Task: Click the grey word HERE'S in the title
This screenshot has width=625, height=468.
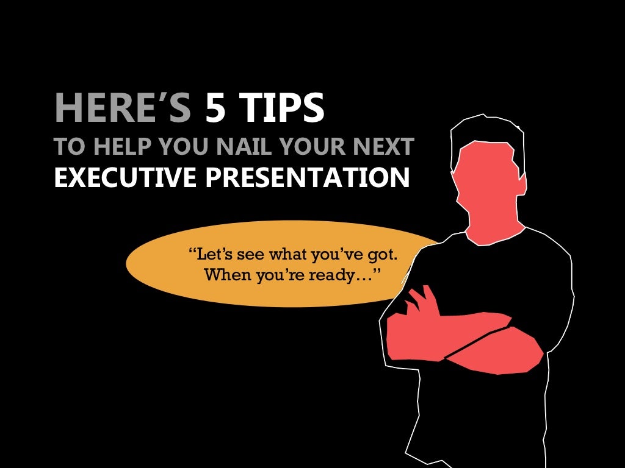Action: tap(122, 109)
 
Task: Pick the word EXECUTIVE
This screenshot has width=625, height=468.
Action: tap(125, 177)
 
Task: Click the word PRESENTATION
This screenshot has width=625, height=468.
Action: tap(306, 177)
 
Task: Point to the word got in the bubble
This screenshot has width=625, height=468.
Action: tap(386, 253)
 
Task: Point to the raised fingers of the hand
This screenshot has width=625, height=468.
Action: tap(421, 299)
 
